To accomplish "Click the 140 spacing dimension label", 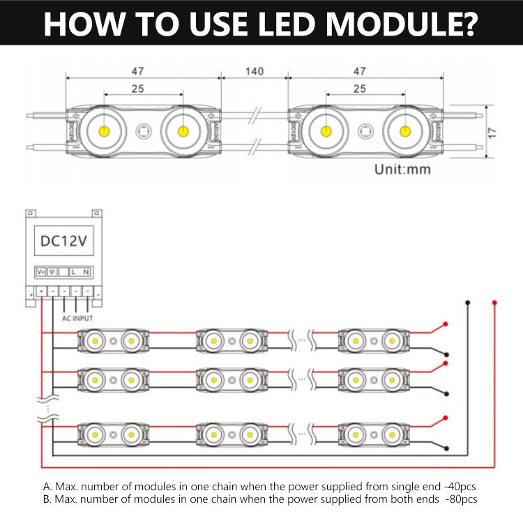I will (254, 72).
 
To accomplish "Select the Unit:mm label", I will (402, 169).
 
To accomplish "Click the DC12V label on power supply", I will (63, 242).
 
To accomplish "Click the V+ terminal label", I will (40, 271).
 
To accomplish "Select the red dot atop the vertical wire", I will (494, 303).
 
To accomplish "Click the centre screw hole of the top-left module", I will (144, 130).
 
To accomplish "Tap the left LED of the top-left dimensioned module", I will (104, 130).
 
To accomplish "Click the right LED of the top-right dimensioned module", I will (405, 130).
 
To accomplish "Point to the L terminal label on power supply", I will (73, 271).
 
